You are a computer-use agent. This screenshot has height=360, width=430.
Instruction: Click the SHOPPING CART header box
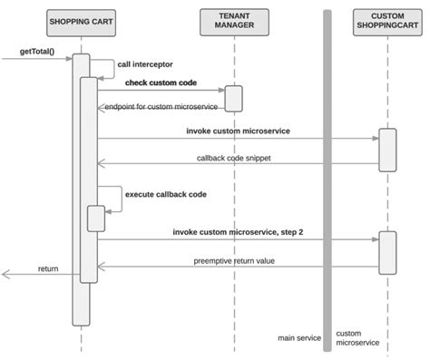(81, 20)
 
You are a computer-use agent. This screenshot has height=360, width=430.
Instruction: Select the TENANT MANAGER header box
(233, 20)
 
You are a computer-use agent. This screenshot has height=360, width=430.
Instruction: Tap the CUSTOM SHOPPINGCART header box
(387, 20)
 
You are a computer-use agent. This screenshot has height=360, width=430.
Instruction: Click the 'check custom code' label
(161, 82)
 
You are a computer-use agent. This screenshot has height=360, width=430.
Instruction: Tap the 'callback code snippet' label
(233, 158)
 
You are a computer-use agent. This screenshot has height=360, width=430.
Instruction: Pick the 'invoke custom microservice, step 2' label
(238, 232)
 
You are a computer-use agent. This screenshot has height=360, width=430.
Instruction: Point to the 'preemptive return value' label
(234, 260)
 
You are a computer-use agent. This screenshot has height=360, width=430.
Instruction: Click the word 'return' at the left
(48, 269)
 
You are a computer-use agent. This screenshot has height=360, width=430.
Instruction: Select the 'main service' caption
(299, 338)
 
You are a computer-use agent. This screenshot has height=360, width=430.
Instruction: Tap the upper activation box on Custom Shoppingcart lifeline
(387, 150)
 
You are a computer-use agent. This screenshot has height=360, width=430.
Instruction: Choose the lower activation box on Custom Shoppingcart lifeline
(387, 250)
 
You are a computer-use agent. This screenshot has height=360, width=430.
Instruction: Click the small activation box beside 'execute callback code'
(95, 219)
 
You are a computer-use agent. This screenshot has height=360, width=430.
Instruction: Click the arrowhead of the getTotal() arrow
(68, 56)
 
